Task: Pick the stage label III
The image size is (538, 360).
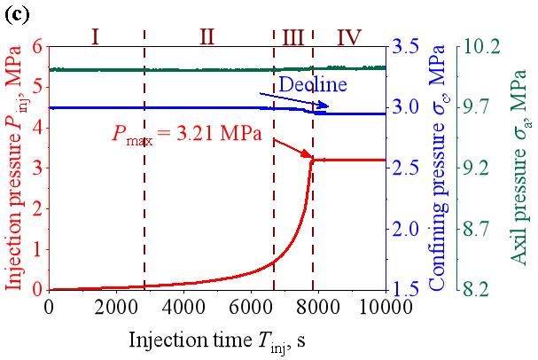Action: pos(293,37)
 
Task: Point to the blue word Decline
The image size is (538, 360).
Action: pos(312,85)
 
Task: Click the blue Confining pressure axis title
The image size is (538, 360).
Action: pos(437,167)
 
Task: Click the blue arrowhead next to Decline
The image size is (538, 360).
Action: pos(325,106)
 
